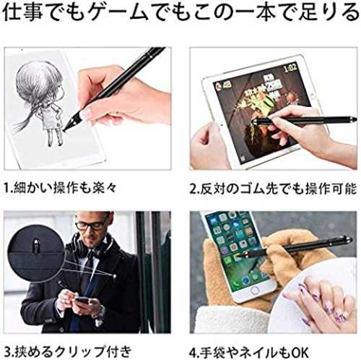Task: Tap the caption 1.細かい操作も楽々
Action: [x=60, y=187]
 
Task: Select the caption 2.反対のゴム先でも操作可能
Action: [x=273, y=189]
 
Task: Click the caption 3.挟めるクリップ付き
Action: [x=68, y=351]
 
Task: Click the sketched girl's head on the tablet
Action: [x=37, y=81]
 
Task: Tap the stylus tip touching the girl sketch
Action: [x=65, y=129]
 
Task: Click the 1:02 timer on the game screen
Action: [x=290, y=67]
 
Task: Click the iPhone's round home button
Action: [x=254, y=291]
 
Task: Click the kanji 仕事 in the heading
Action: [x=24, y=12]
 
